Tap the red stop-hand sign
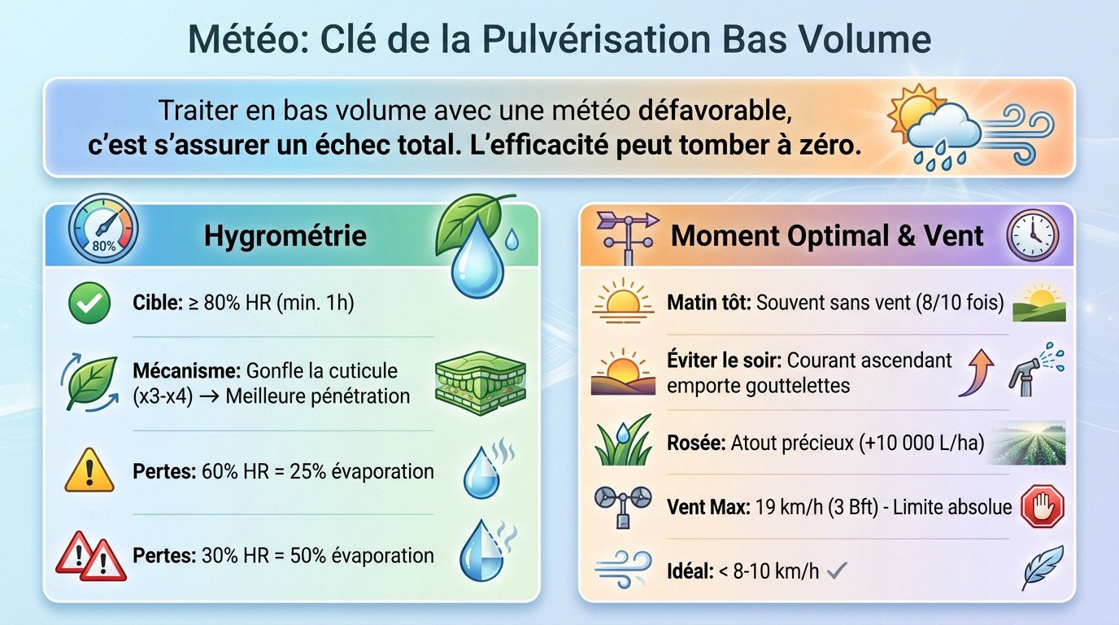(x=1042, y=508)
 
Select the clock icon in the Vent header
(x=1033, y=234)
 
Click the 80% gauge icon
(x=103, y=233)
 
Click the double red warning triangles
(x=91, y=556)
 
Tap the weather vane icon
(x=627, y=236)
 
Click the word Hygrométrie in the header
(x=285, y=236)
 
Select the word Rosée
(x=696, y=444)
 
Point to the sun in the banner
(x=912, y=110)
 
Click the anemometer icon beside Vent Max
(x=623, y=507)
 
